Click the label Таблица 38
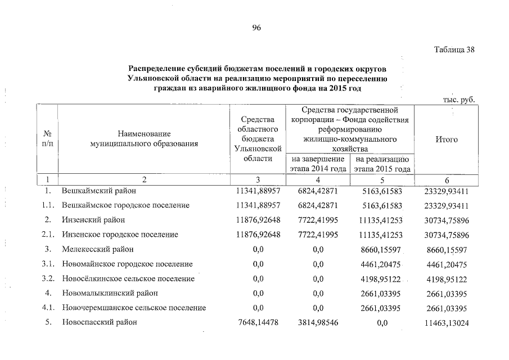click(455, 49)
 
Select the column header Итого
click(447, 139)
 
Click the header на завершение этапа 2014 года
click(317, 164)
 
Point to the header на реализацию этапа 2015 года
click(382, 164)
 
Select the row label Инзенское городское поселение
click(120, 235)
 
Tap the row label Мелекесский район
click(98, 249)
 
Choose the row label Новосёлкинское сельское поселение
click(128, 278)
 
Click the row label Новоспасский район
click(100, 322)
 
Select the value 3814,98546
click(318, 322)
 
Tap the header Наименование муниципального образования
click(144, 139)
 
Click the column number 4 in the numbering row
click(318, 180)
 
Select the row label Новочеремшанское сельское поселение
click(134, 308)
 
